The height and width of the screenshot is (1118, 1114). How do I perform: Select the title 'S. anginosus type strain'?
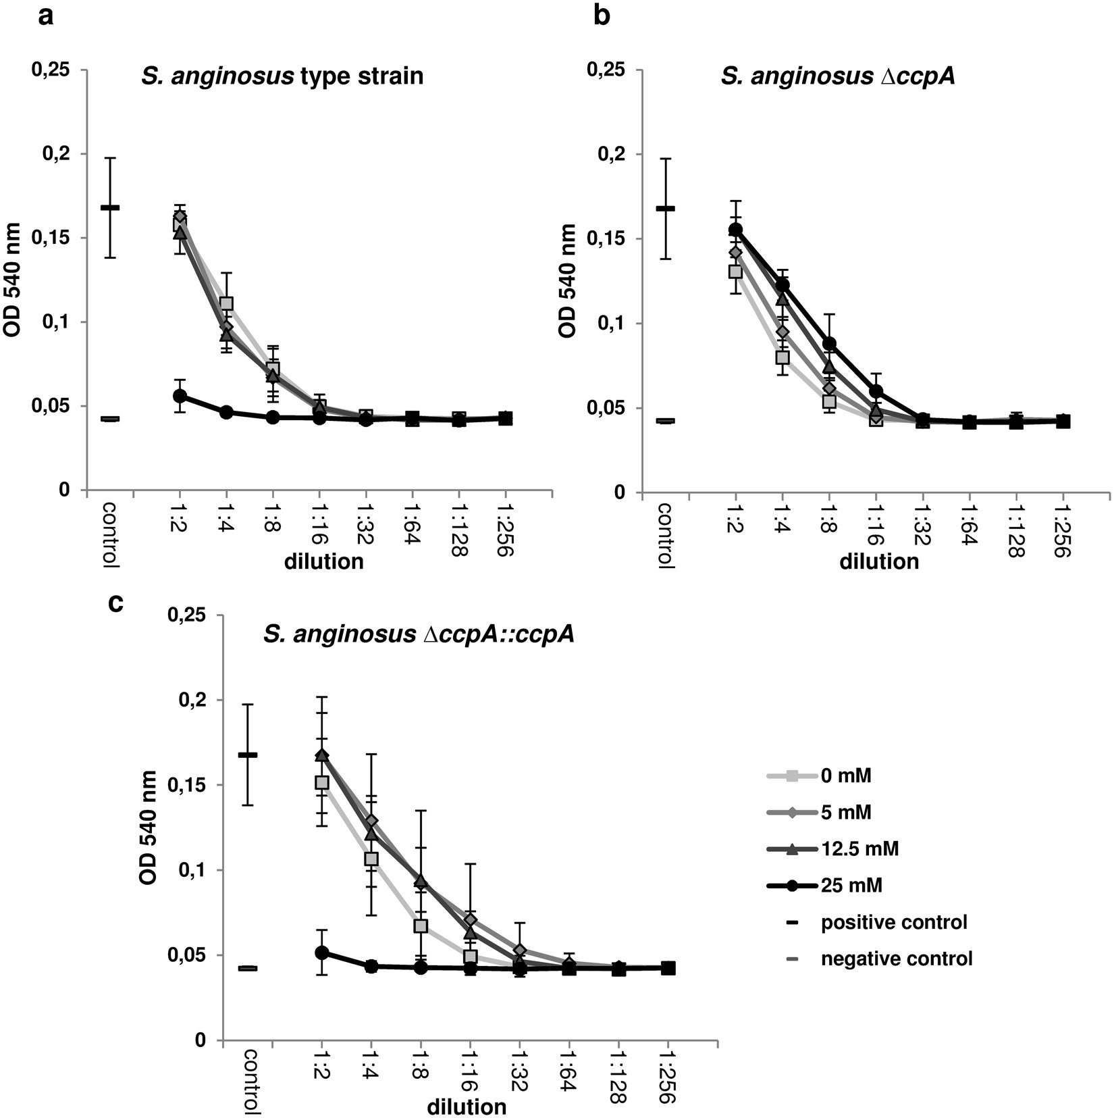pyautogui.click(x=282, y=76)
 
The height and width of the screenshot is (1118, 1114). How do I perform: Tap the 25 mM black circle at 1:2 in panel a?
pyautogui.click(x=180, y=396)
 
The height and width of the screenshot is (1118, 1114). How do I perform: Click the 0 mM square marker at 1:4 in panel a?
pyautogui.click(x=226, y=304)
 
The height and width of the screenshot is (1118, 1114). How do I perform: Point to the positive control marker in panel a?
pyautogui.click(x=110, y=207)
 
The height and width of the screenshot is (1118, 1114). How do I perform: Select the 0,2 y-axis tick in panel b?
pyautogui.click(x=611, y=154)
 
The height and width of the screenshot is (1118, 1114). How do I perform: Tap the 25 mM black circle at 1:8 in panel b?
pyautogui.click(x=829, y=344)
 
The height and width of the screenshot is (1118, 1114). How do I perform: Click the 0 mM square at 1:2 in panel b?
pyautogui.click(x=735, y=272)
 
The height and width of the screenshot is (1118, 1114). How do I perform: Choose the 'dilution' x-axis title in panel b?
pyautogui.click(x=879, y=561)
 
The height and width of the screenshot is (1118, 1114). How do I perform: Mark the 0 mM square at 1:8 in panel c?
pyautogui.click(x=421, y=926)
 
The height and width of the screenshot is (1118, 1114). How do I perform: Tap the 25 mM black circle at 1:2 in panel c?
pyautogui.click(x=322, y=952)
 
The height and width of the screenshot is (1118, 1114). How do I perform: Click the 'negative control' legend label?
pyautogui.click(x=896, y=958)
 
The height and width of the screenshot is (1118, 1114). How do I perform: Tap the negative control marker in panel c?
pyautogui.click(x=248, y=968)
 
